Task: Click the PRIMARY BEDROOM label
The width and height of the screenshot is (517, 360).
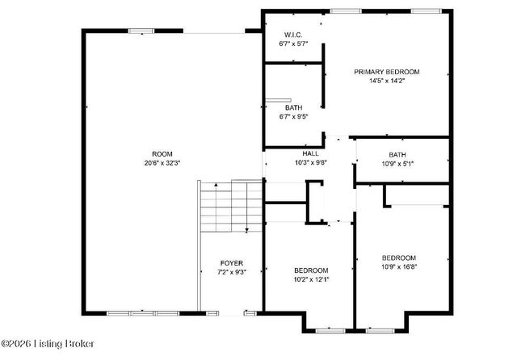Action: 387,72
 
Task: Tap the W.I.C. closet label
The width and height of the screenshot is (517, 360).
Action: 292,35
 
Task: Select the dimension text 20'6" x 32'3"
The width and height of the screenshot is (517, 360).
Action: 162,163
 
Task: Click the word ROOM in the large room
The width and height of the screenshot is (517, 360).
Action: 162,154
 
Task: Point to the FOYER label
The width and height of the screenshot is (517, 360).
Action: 232,264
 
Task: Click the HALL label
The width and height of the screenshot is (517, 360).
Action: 311,153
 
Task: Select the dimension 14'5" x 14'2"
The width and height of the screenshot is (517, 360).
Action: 387,81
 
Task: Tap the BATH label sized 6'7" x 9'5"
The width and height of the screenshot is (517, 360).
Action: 293,107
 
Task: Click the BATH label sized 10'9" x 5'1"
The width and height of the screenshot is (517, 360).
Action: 397,155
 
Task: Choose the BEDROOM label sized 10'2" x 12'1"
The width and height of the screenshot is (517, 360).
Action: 311,270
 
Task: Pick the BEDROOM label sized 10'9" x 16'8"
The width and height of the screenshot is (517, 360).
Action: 399,257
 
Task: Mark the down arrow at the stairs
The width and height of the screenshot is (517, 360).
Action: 246,231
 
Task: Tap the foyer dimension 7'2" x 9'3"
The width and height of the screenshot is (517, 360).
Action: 232,273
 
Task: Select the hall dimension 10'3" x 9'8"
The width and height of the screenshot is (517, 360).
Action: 311,162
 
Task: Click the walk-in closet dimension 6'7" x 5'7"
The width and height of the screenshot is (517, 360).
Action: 292,44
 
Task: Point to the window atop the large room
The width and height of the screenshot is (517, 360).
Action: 141,31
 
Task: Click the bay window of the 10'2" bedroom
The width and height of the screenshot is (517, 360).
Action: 328,330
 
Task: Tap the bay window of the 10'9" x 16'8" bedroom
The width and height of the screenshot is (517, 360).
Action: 380,330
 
